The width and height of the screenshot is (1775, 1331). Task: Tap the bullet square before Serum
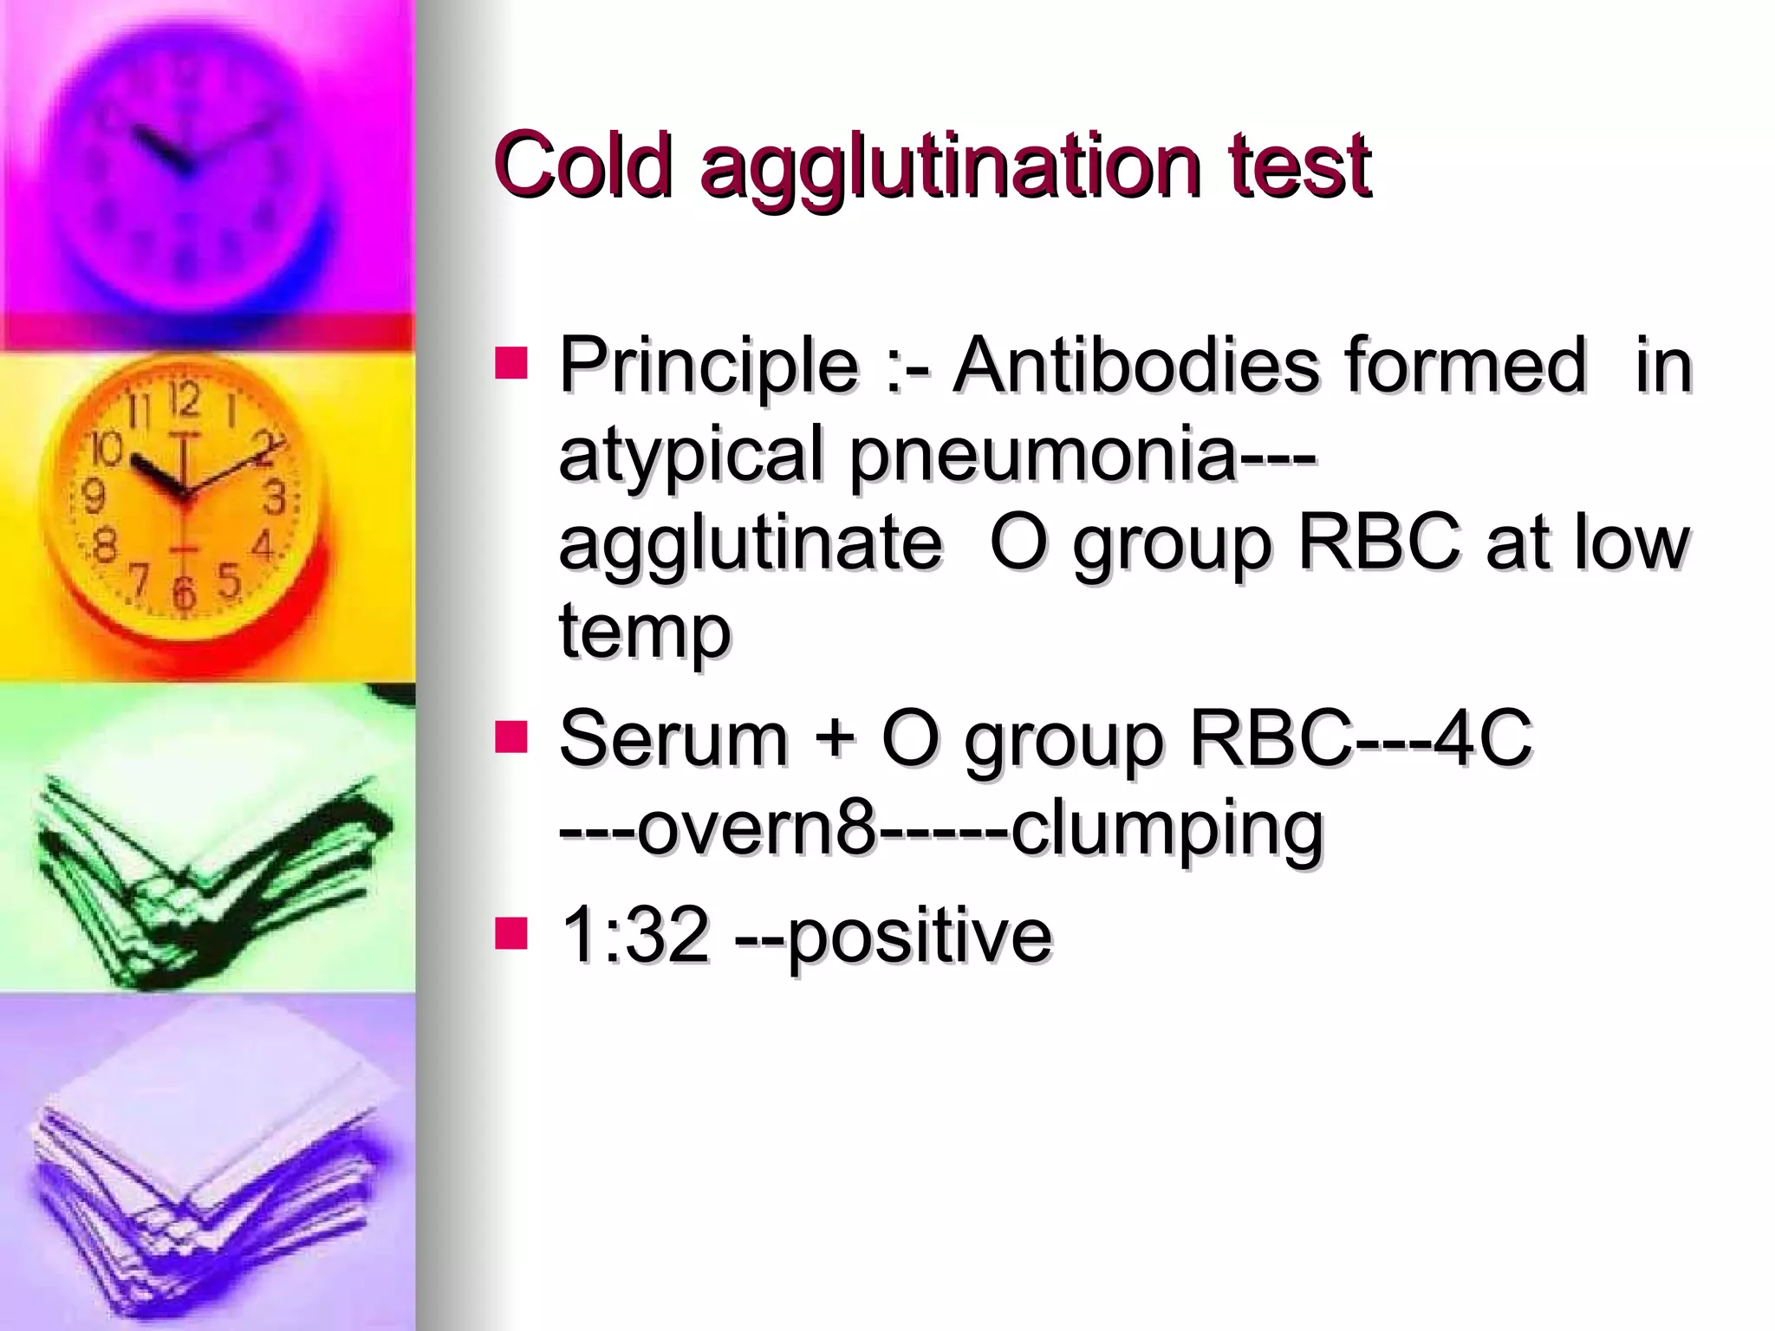click(x=511, y=737)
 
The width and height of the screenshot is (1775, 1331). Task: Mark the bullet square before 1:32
click(x=511, y=933)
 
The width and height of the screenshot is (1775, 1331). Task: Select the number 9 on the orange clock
click(x=93, y=497)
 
